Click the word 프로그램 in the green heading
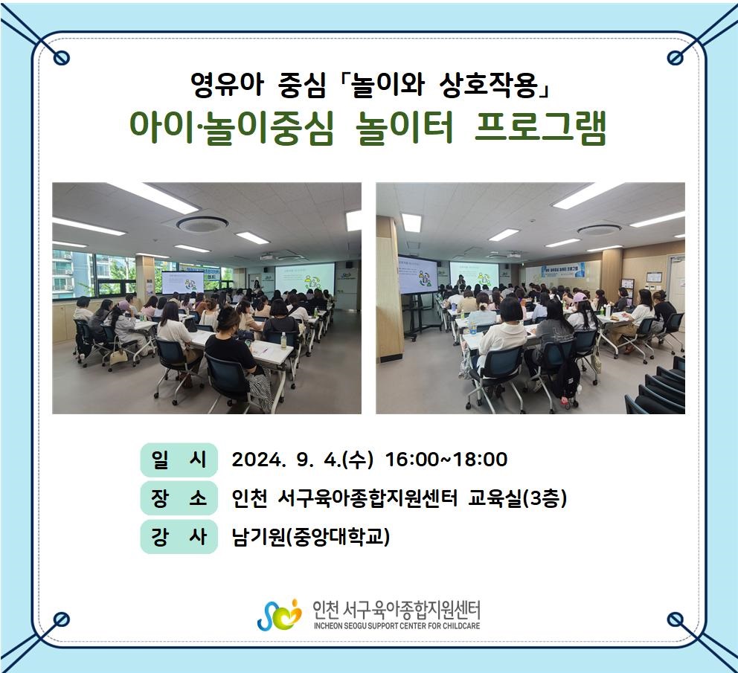540,127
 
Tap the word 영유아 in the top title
227,86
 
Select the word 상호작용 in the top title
488,86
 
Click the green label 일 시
179,460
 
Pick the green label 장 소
179,498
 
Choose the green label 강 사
179,536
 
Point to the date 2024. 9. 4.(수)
302,460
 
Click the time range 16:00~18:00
446,460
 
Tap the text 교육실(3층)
517,498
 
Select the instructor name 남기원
258,536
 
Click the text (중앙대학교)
338,536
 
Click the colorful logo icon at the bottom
279,615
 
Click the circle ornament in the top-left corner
61,58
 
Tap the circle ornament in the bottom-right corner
676,619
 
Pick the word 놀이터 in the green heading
404,127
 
